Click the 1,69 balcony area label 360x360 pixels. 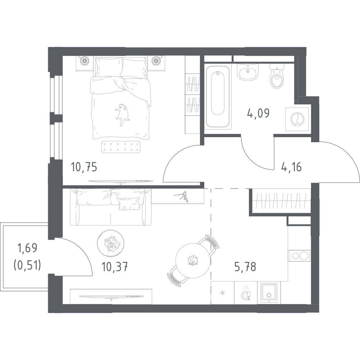pyautogui.click(x=27, y=248)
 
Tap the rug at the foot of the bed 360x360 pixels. pyautogui.click(x=121, y=146)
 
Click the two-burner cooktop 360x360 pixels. pyautogui.click(x=299, y=256)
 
